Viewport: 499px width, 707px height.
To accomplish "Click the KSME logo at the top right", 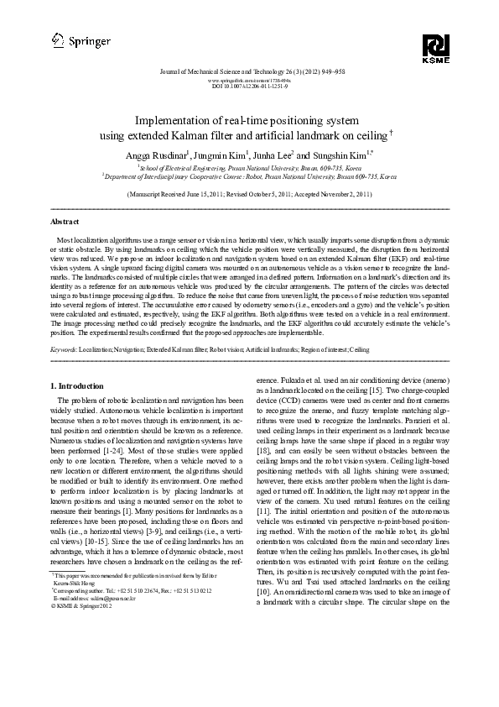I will [437, 49].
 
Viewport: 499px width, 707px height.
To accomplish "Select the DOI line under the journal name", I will [248, 86].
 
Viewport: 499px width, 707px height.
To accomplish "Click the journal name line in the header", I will [248, 72].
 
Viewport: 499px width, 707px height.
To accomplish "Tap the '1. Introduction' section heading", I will [75, 385].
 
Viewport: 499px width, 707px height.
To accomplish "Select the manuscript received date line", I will [249, 193].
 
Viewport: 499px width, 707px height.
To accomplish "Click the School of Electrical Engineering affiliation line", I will [249, 168].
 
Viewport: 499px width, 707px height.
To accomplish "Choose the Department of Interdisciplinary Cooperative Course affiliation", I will [249, 177].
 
